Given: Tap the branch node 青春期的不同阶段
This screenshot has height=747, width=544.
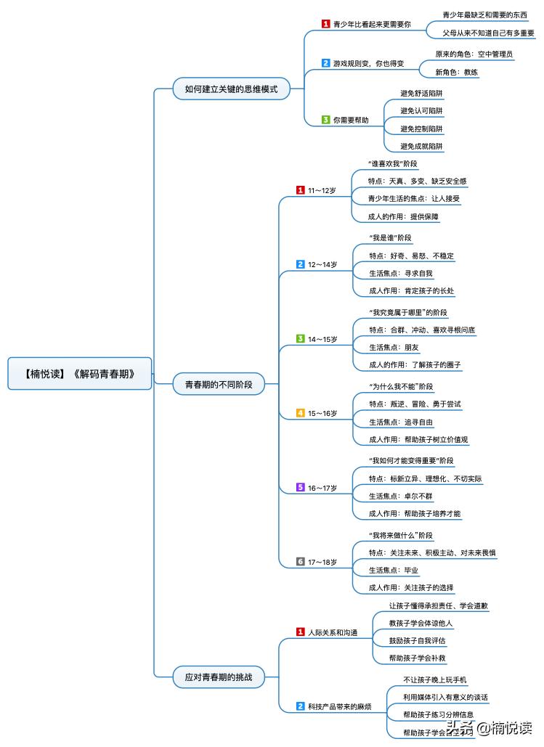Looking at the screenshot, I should [219, 384].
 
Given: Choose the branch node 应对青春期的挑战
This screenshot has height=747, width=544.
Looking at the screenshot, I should [219, 677].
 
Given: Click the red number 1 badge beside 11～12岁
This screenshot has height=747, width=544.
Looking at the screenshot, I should [300, 190].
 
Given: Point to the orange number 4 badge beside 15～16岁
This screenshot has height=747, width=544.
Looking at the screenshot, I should [300, 413].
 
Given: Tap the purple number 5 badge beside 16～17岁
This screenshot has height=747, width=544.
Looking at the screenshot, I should [300, 487].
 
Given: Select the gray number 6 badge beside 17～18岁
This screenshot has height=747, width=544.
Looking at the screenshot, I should [300, 561].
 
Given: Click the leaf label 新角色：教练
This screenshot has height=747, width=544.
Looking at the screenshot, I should [456, 72].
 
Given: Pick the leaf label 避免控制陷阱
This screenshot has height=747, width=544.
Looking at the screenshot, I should [421, 128].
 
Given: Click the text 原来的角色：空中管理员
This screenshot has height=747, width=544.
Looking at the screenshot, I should [474, 54].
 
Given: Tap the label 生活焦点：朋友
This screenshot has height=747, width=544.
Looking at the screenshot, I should [394, 348].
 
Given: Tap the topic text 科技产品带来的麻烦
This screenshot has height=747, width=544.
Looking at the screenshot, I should [339, 706].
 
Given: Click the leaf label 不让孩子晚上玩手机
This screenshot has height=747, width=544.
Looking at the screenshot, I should [434, 680].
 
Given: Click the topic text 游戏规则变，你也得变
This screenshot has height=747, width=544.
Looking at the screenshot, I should [362, 63].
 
